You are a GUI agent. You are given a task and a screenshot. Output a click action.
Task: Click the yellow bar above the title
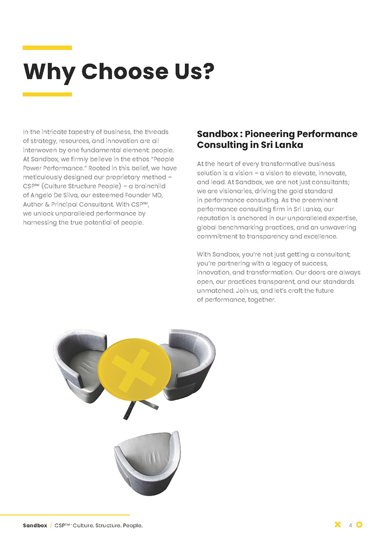point(47,48)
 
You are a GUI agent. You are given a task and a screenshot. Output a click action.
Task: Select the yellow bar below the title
point(47,94)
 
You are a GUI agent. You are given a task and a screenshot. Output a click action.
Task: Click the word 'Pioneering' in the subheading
point(269,134)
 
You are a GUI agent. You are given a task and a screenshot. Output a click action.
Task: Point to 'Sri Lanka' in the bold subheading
point(281,145)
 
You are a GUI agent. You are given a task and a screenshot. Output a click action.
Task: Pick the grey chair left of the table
point(77,359)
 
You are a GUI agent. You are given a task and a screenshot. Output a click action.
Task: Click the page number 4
point(350,525)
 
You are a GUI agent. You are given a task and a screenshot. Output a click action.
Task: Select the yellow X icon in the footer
point(337,524)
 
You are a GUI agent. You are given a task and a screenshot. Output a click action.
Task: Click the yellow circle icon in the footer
point(359,524)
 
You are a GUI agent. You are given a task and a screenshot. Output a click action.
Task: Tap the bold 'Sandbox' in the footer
point(35,526)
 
